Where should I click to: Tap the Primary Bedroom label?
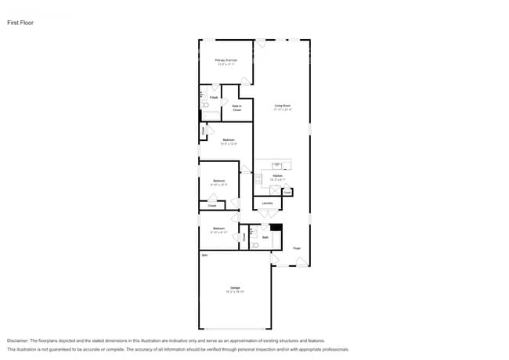point(226,59)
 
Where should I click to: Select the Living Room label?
point(283,106)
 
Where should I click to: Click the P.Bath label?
point(213,97)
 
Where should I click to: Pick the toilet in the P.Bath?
point(204,104)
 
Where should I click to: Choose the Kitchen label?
point(277,175)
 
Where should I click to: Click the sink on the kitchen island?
point(277,164)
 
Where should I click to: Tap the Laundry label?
point(267,203)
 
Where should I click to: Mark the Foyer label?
point(297,248)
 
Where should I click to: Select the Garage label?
point(235,287)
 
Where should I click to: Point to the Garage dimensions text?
point(235,292)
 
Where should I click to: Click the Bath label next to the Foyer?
point(265,237)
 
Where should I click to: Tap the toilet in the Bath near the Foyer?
point(255,245)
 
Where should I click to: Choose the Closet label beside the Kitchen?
point(287,190)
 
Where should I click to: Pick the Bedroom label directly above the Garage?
point(218,228)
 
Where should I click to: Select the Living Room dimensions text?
point(283,110)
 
